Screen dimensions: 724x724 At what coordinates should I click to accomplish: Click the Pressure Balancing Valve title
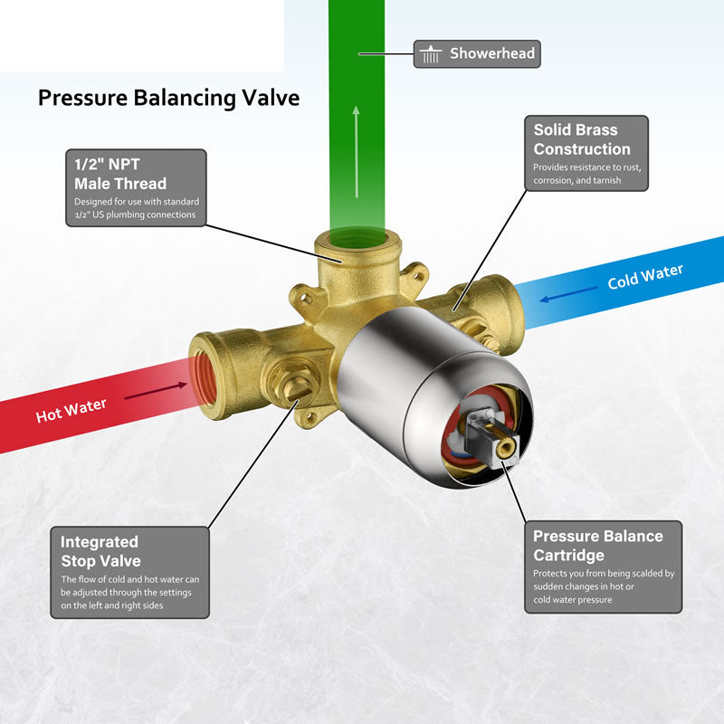(x=168, y=98)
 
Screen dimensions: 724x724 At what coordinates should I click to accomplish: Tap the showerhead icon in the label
(x=431, y=54)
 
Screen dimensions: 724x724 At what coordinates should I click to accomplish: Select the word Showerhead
(x=492, y=53)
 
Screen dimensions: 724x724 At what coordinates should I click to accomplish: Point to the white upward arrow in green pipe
(x=356, y=152)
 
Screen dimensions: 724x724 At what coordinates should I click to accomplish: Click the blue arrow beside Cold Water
(x=569, y=293)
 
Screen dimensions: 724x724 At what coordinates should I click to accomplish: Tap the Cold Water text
(x=645, y=276)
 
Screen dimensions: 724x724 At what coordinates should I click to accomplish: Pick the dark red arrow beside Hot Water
(x=156, y=391)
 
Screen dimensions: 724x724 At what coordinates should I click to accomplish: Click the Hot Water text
(x=71, y=411)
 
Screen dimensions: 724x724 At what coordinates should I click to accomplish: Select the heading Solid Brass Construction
(x=582, y=139)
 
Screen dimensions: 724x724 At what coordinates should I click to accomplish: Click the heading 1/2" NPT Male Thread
(x=120, y=174)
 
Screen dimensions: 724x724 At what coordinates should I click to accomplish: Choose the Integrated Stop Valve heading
(x=100, y=551)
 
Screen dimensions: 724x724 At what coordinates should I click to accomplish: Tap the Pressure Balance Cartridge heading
(x=598, y=546)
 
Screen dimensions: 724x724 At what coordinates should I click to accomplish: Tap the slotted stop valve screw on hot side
(x=293, y=387)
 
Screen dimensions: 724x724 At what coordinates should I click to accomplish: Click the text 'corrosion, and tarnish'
(x=576, y=180)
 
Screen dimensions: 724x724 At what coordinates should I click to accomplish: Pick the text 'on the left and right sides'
(x=111, y=605)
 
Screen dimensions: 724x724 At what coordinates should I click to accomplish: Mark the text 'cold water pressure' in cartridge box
(x=573, y=600)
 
